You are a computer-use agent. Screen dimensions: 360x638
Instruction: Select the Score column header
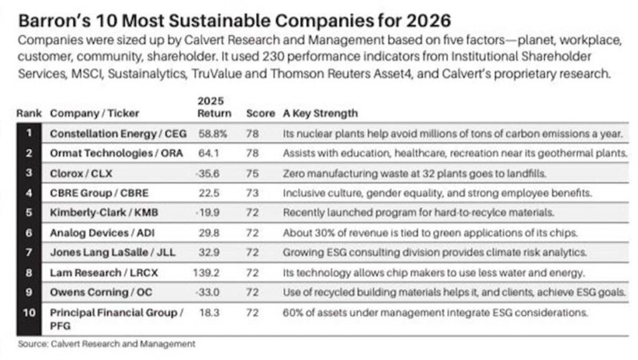click(x=260, y=113)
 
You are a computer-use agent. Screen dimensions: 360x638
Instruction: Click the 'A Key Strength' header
click(x=320, y=113)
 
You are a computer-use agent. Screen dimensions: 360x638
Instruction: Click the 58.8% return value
click(x=212, y=133)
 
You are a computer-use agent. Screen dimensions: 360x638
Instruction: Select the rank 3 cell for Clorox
click(x=28, y=173)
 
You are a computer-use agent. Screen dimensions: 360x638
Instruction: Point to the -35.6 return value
click(x=212, y=173)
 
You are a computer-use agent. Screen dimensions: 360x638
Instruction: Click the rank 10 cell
click(x=28, y=312)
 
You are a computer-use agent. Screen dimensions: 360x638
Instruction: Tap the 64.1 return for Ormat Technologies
click(x=212, y=153)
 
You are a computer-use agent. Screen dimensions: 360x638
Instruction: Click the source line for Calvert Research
click(x=107, y=343)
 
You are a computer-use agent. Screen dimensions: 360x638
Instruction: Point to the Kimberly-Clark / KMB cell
click(x=103, y=212)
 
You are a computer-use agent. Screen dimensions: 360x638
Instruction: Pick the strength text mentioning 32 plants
click(x=404, y=173)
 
